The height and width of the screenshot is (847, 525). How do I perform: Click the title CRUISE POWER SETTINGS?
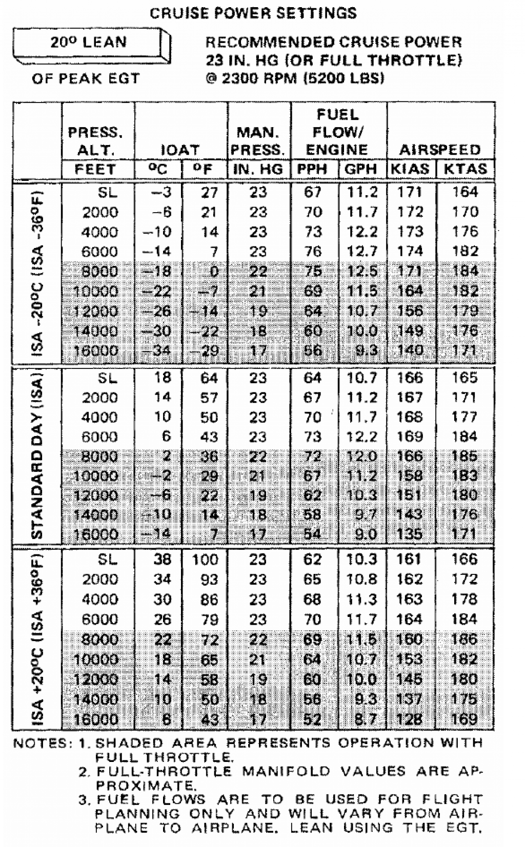[253, 13]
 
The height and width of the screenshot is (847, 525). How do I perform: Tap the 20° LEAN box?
[88, 42]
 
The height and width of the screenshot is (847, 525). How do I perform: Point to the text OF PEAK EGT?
[86, 78]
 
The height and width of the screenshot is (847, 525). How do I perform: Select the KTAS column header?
[465, 169]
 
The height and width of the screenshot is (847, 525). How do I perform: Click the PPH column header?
[312, 169]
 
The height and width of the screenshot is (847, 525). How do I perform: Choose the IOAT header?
[180, 150]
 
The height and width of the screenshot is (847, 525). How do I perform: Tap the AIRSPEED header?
[440, 150]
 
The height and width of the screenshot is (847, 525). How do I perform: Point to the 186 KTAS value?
[465, 639]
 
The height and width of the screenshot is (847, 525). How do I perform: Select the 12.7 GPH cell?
[362, 252]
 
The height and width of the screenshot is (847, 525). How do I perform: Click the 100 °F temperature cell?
[205, 560]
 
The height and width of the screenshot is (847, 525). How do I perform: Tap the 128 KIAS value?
[409, 719]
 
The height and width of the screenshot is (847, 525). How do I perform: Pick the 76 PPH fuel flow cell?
[313, 252]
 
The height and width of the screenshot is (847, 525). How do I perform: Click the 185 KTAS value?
[465, 456]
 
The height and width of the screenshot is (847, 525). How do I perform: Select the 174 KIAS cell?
[410, 252]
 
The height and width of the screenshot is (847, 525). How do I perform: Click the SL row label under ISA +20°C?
[108, 560]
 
